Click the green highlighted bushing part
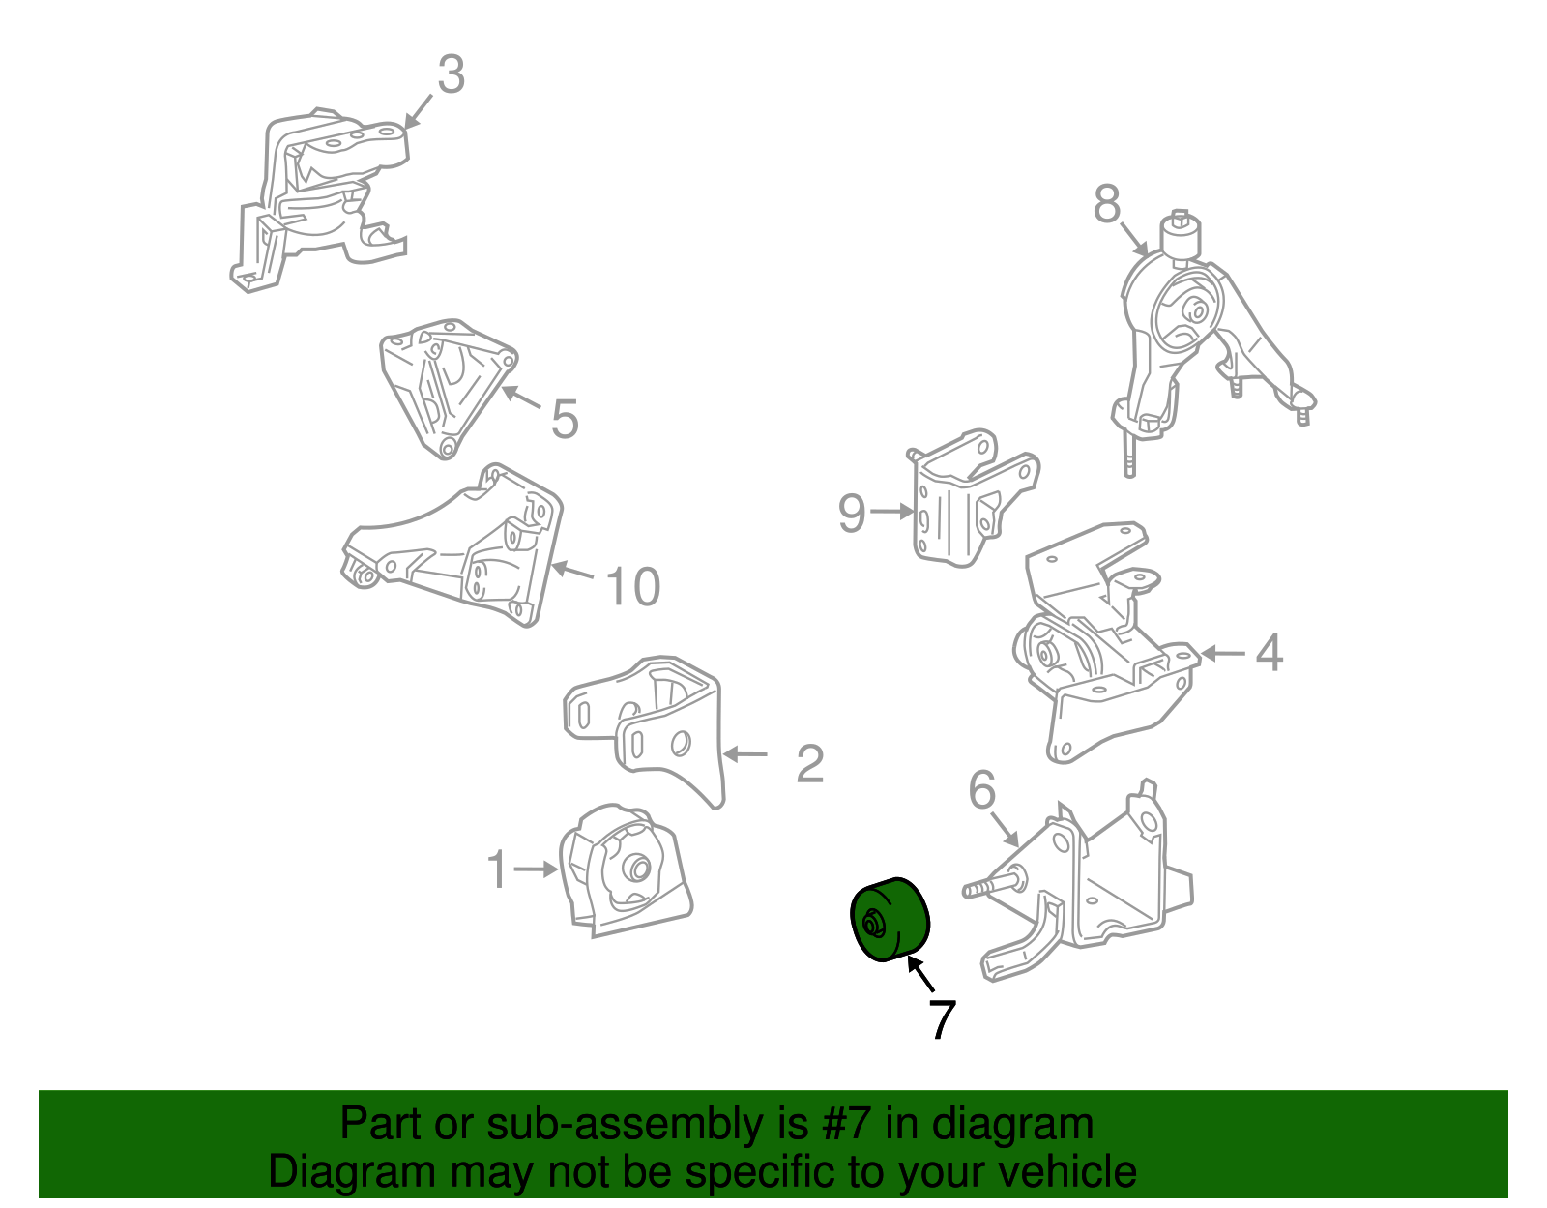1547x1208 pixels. pyautogui.click(x=890, y=920)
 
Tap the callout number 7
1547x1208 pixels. pyautogui.click(x=942, y=1019)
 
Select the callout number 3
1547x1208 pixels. pyautogui.click(x=451, y=74)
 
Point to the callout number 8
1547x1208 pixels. pyautogui.click(x=1107, y=203)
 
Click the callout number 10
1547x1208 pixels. pyautogui.click(x=633, y=586)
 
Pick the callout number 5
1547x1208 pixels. pyautogui.click(x=565, y=419)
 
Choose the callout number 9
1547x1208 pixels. pyautogui.click(x=852, y=513)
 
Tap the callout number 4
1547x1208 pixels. pyautogui.click(x=1269, y=652)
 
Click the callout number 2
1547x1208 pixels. pyautogui.click(x=810, y=764)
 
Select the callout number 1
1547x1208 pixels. pyautogui.click(x=498, y=869)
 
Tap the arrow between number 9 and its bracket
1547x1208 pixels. pyautogui.click(x=891, y=511)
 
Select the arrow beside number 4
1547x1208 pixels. pyautogui.click(x=1223, y=653)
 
